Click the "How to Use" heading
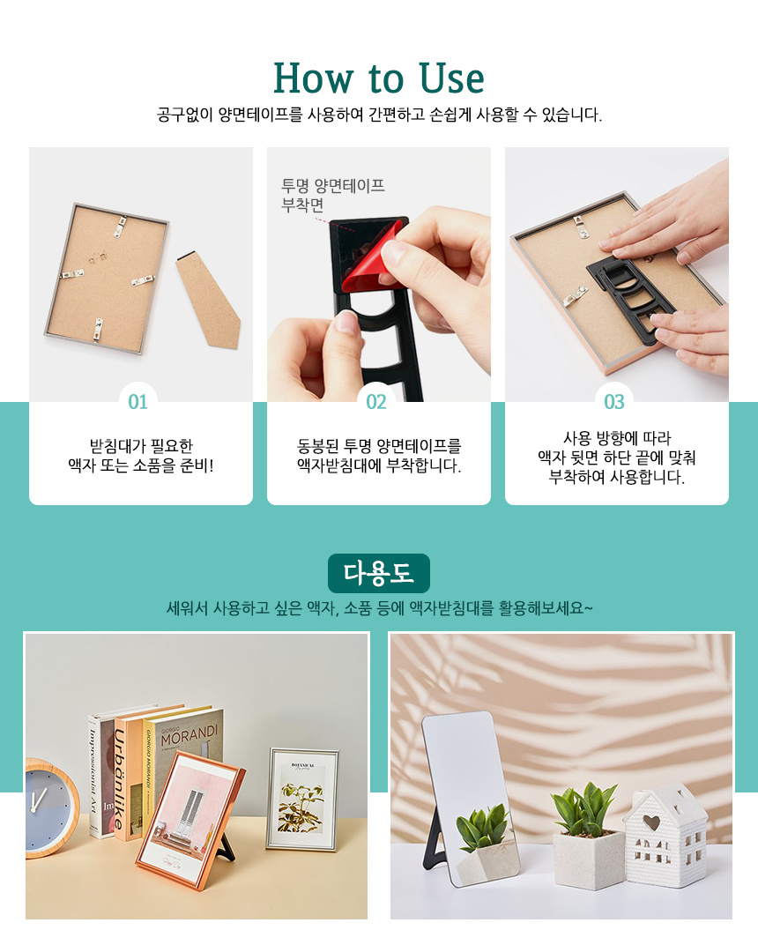pos(378,78)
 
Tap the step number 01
pos(137,402)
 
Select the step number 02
pos(376,402)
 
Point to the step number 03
pos(613,402)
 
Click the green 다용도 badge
pos(378,573)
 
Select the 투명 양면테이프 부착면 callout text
pos(332,195)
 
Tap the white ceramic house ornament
pos(665,835)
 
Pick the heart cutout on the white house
pos(651,822)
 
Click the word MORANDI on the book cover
pos(189,735)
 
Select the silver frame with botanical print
pos(302,799)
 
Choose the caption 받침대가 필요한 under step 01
pos(141,445)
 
